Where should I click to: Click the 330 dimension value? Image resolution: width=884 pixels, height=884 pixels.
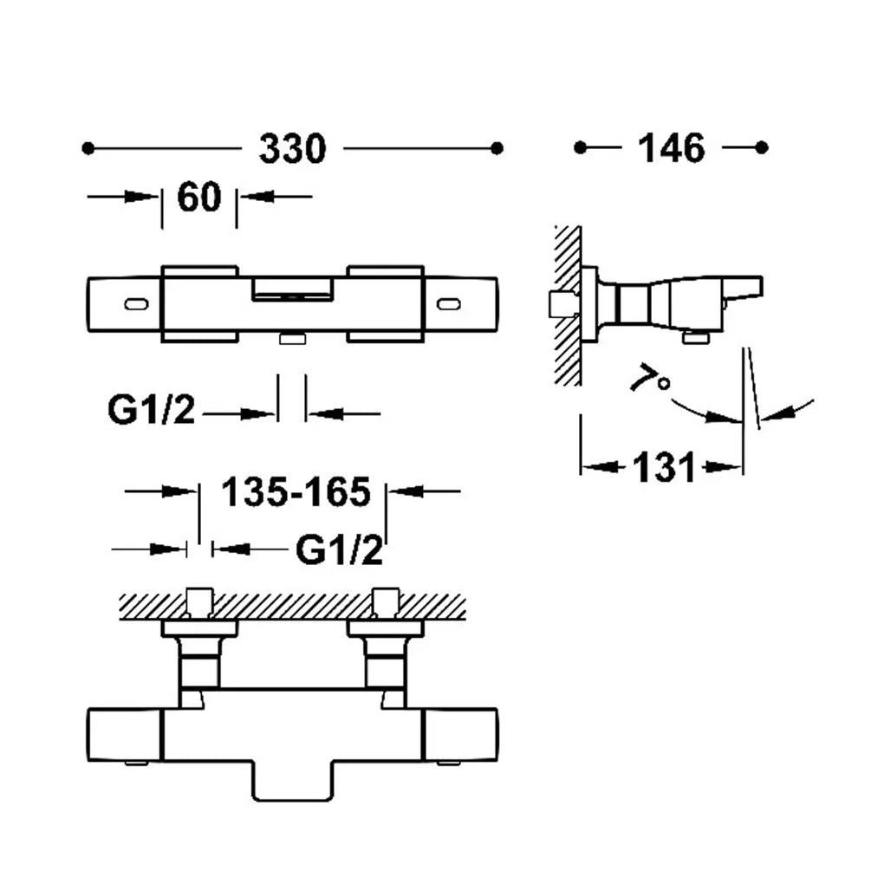point(293,149)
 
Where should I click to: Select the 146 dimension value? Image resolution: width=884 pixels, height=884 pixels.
point(671,148)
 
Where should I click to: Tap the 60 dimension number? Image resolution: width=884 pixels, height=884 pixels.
point(199,198)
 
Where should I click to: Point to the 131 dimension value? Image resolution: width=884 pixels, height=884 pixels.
point(664,467)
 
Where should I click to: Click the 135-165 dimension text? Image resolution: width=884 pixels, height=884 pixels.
point(296,492)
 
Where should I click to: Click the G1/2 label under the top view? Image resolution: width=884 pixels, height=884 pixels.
point(151,410)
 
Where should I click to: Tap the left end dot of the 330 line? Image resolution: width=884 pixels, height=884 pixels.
point(88,148)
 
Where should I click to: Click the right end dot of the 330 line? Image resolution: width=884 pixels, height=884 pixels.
point(497,148)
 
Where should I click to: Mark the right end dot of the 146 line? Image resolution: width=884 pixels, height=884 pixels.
point(762,147)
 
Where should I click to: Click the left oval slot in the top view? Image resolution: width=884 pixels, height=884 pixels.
point(136,304)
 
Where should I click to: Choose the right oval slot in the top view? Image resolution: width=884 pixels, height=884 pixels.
point(449,304)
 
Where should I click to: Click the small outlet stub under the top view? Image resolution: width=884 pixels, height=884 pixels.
point(293,338)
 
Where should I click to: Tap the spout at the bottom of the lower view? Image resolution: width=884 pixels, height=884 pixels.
point(293,781)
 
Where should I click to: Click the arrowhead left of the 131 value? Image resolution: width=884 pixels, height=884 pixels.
point(597,467)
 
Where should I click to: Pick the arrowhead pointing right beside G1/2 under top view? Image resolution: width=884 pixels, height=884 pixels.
point(257,414)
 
